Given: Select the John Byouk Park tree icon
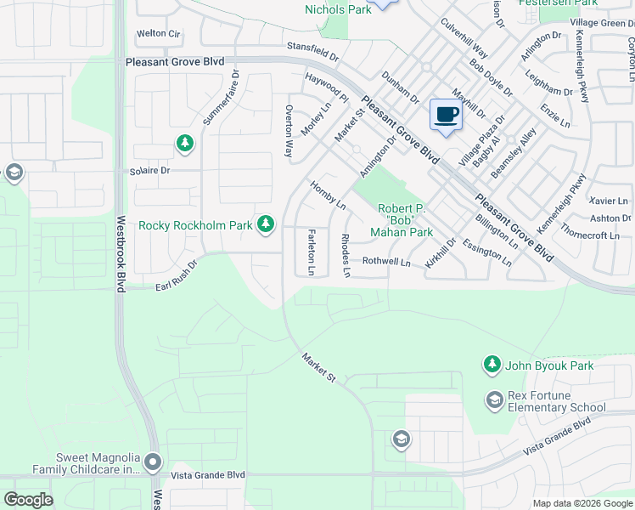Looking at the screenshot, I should pos(492,365).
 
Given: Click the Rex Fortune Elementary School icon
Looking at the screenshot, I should pos(494,399).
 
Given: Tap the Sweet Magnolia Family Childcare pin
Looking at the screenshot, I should pos(153,462).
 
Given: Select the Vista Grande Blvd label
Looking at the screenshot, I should pos(207,475).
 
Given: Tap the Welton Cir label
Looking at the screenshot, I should pos(159,34).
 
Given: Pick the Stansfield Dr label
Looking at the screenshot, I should pos(312,53).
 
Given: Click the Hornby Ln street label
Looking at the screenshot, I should pos(329,195).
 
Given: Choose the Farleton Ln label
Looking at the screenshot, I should pos(312,252).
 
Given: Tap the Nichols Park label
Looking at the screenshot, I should pos(337,9).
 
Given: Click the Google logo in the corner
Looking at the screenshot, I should pos(28,500).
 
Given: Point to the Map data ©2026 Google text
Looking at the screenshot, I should pos(582,503).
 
